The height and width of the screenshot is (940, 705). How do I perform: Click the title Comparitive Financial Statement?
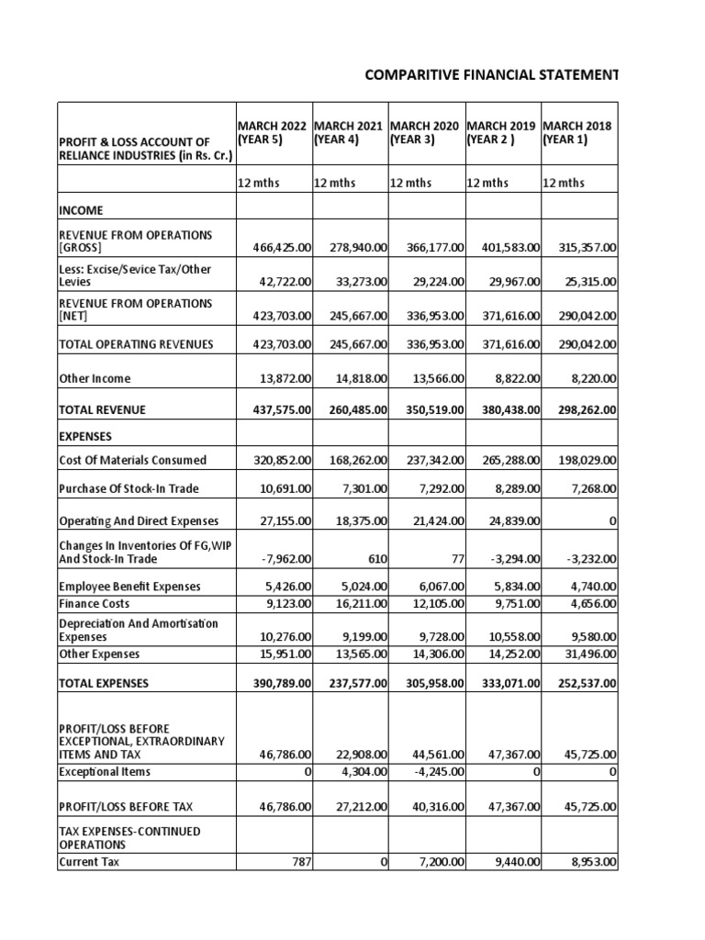click(491, 74)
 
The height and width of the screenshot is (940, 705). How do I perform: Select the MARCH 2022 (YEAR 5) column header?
click(274, 132)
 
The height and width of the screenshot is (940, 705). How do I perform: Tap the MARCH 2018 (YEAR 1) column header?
click(577, 132)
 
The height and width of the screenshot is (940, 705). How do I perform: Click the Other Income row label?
click(95, 378)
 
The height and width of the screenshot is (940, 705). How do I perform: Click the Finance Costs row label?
click(94, 604)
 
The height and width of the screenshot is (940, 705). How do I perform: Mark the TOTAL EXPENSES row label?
click(104, 684)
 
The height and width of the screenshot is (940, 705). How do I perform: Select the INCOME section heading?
click(81, 210)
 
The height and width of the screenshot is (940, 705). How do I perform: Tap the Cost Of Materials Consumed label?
click(132, 460)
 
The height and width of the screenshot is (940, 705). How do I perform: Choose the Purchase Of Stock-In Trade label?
click(129, 488)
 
